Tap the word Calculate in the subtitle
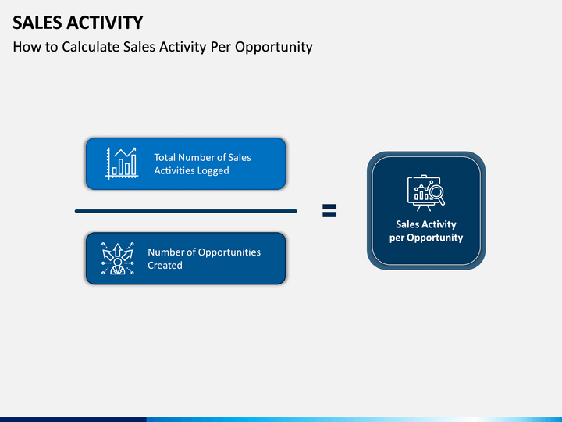tap(91, 47)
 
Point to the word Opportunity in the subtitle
tap(273, 48)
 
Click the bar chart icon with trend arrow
tap(122, 163)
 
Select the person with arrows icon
tap(118, 259)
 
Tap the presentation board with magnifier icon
tap(426, 193)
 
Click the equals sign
tap(329, 211)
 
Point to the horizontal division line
tap(186, 211)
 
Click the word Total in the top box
tap(165, 158)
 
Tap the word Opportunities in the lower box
tap(229, 252)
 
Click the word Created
tap(165, 266)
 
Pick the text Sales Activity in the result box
tap(426, 224)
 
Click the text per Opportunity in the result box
tap(426, 238)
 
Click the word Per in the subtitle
tap(220, 47)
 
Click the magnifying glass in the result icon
tap(438, 195)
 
